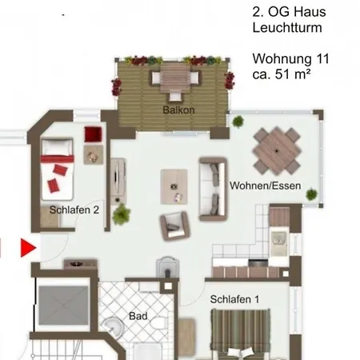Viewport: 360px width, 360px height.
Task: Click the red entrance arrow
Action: point(28,248)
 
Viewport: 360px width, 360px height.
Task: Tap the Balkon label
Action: point(178,110)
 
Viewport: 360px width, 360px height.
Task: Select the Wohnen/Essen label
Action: point(266,186)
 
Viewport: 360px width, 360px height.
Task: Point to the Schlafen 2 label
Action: point(74,210)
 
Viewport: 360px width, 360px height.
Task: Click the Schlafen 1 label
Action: point(234,299)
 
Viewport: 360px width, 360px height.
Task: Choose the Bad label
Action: point(138,316)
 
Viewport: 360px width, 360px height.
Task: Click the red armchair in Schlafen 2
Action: point(93,134)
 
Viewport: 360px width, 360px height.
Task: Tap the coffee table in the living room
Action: point(174,186)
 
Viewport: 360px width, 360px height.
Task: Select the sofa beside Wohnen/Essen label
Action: point(213,189)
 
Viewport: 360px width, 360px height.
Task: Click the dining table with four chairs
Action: point(277,151)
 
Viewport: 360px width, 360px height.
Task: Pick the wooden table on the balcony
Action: point(175,78)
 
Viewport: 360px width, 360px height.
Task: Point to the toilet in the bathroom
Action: point(158,323)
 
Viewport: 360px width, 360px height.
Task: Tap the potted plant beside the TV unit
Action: point(122,214)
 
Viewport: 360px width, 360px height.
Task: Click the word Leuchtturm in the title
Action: point(287,27)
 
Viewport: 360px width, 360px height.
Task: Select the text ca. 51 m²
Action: point(282,74)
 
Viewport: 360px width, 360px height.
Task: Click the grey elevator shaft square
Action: point(63,306)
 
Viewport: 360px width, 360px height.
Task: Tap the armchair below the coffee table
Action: point(175,226)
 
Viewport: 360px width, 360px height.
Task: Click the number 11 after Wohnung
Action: point(322,58)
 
